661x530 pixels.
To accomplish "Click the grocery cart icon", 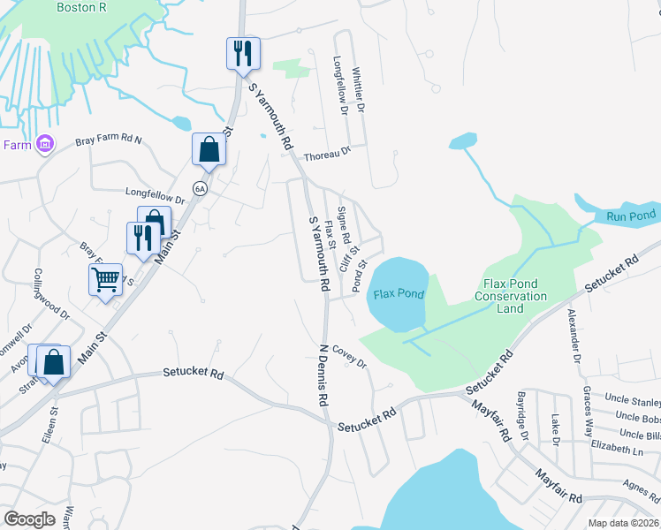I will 106,280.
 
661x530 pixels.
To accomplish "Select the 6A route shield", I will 200,187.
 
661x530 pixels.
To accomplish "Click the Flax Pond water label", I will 399,293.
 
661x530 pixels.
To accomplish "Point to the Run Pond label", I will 630,216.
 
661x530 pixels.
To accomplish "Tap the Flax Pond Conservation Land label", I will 515,296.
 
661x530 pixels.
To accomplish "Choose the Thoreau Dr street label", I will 327,154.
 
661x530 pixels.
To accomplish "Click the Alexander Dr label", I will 574,336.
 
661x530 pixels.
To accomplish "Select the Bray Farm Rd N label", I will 109,140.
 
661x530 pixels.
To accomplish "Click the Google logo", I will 30,519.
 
